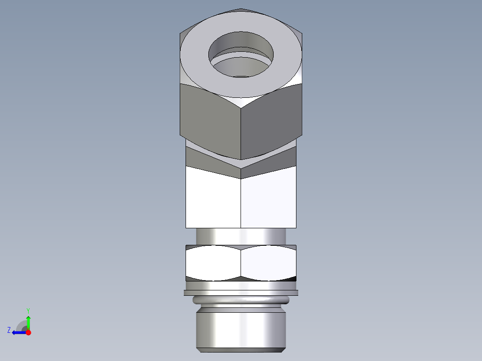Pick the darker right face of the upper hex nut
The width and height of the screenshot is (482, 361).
(273, 118)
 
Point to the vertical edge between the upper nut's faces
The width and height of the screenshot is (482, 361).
(241, 134)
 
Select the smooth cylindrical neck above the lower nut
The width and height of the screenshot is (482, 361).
(241, 236)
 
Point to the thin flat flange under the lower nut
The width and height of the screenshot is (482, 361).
(241, 293)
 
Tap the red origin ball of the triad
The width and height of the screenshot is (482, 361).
(28, 332)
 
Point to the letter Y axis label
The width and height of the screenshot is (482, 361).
(28, 310)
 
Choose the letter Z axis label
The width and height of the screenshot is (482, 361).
(9, 330)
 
